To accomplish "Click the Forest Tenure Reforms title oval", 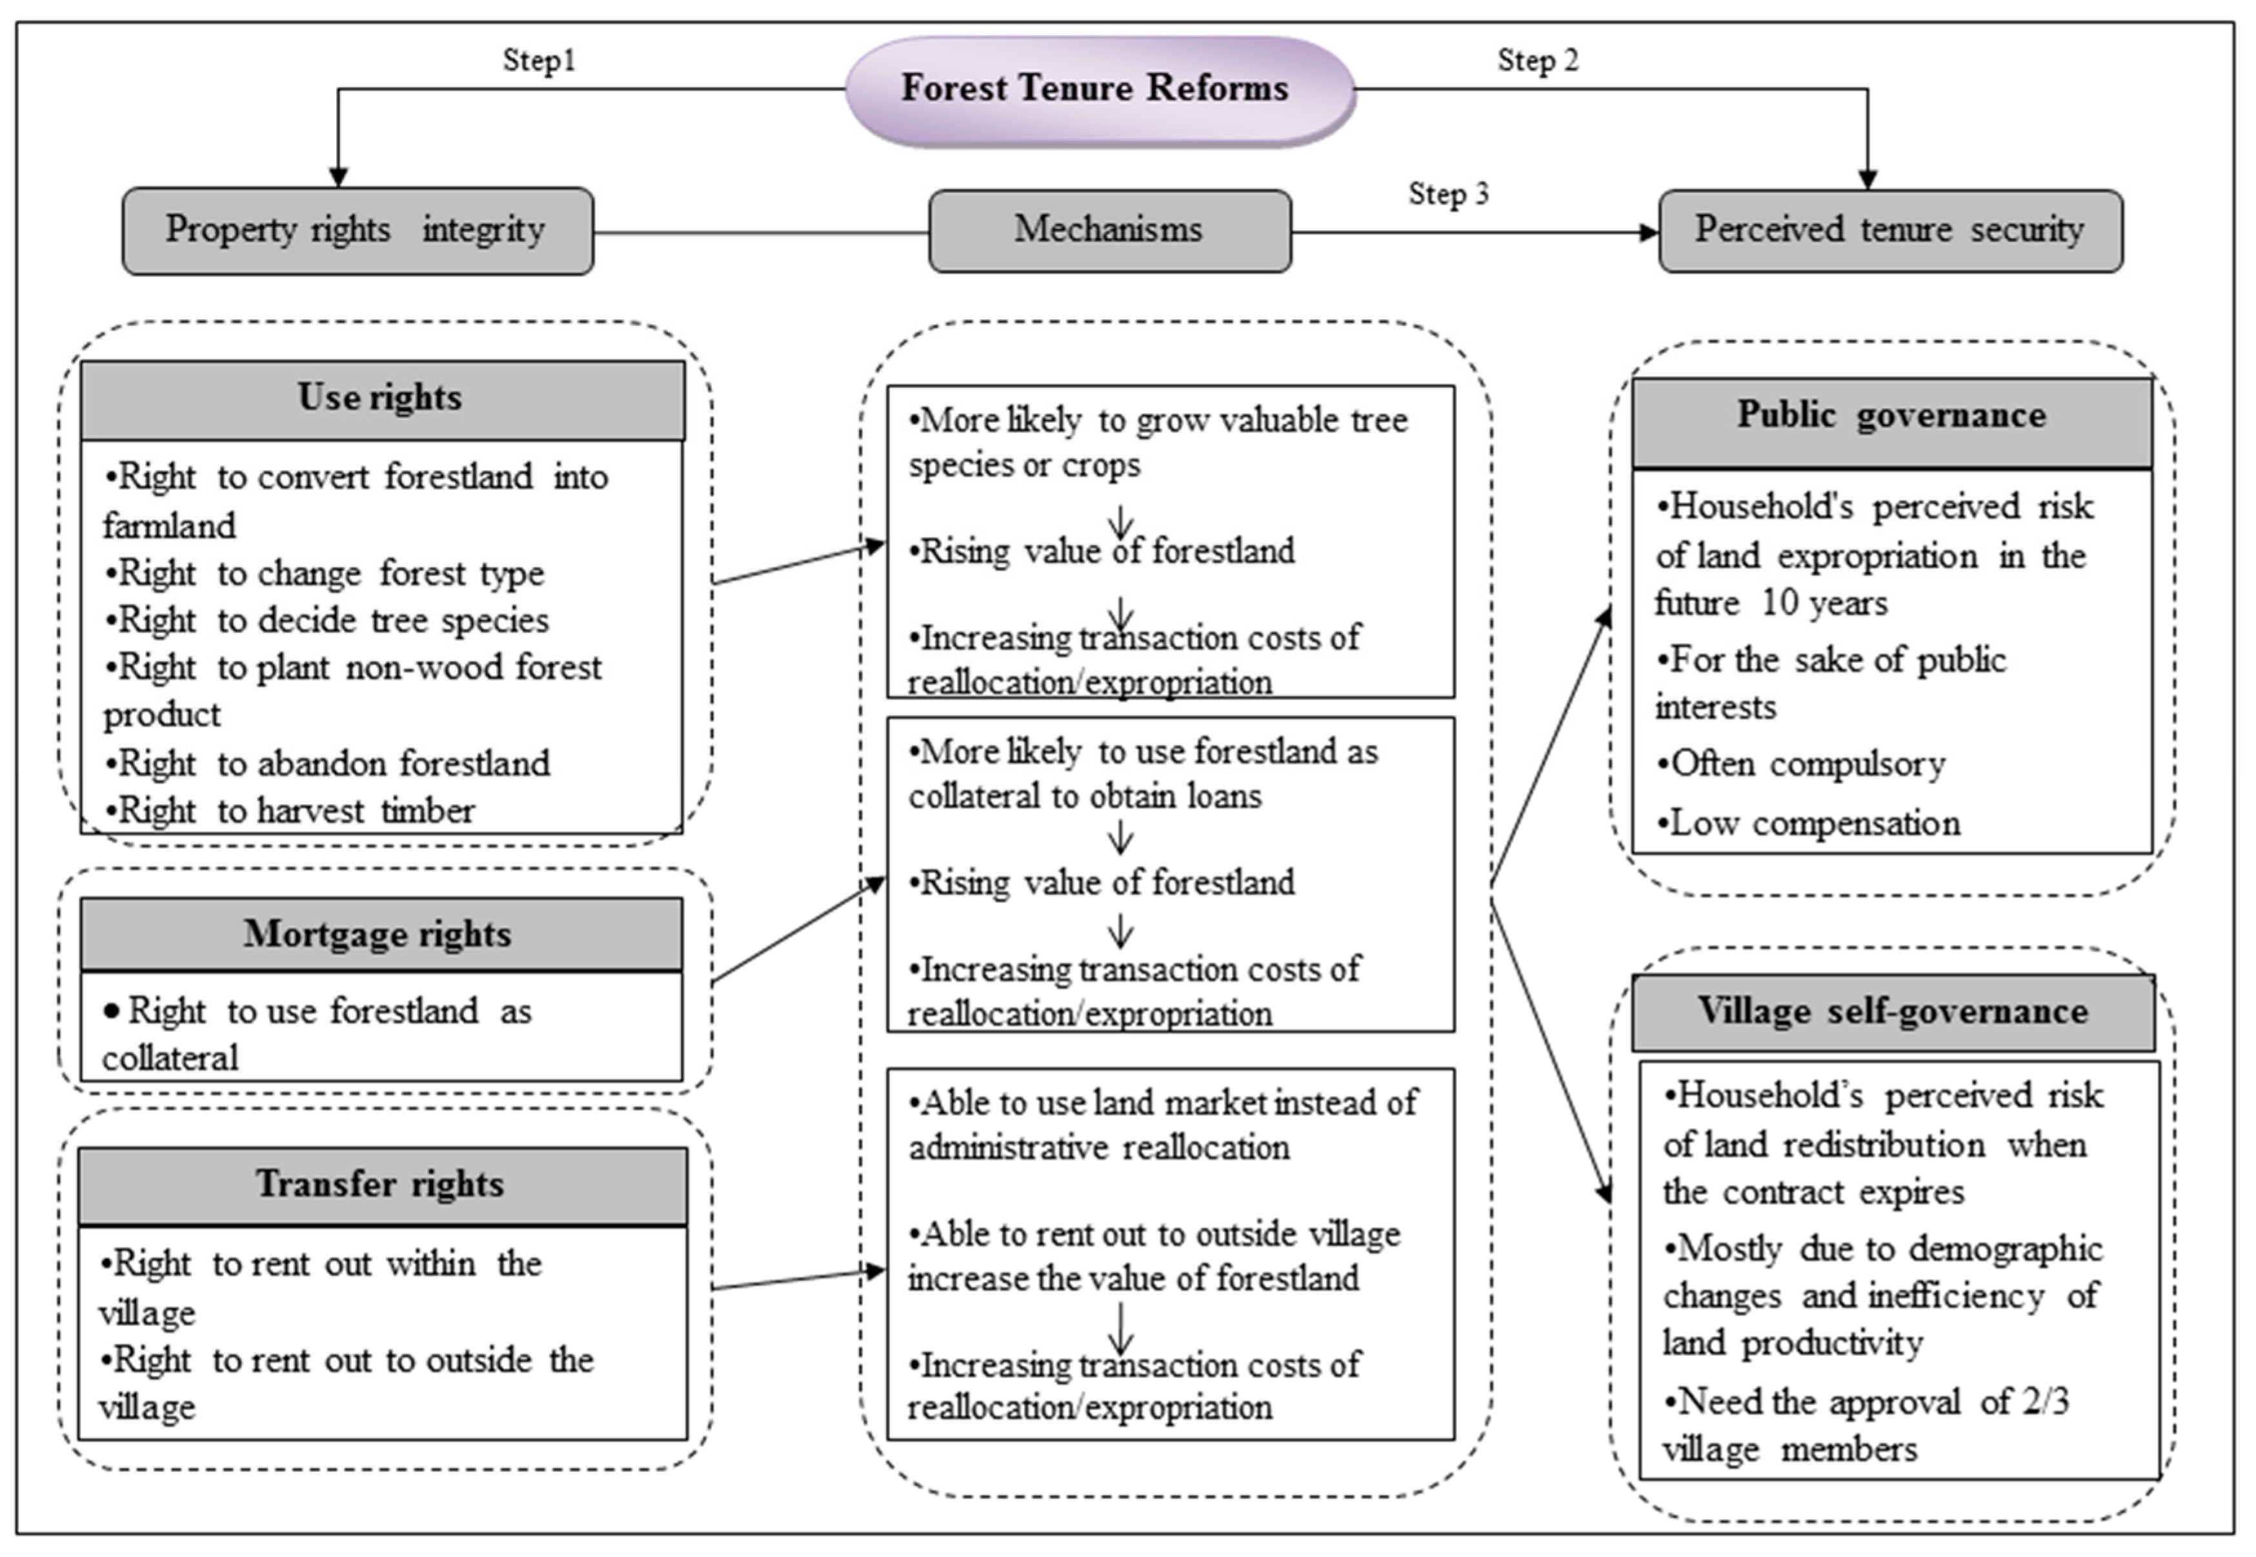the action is point(1100,90).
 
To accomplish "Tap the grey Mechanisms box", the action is point(1109,231).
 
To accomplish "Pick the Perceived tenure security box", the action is point(1890,231).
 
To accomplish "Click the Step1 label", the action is point(539,61).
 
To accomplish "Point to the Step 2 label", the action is point(1538,61).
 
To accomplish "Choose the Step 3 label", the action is point(1448,194).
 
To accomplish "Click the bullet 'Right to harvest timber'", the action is point(290,811).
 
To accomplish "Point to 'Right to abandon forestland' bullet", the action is point(327,763).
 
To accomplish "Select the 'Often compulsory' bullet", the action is point(1800,764).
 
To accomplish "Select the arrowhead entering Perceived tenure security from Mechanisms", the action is point(1649,232).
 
